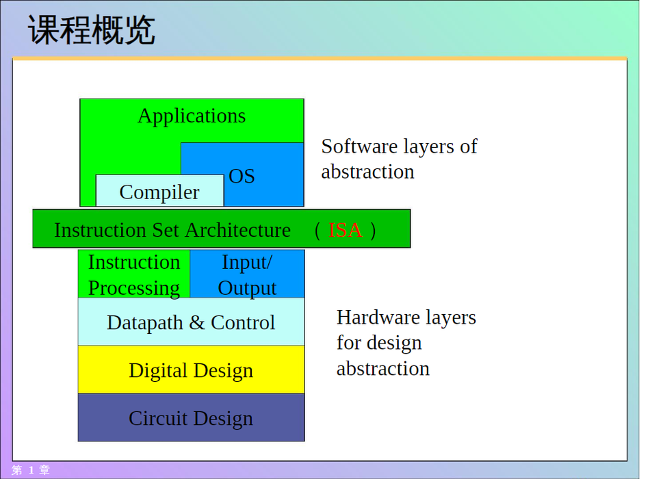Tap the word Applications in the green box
pyautogui.click(x=192, y=116)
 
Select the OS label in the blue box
pyautogui.click(x=242, y=177)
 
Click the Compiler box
pyautogui.click(x=159, y=190)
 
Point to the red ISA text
pyautogui.click(x=345, y=230)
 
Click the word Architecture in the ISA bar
pyautogui.click(x=237, y=230)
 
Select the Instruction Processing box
pyautogui.click(x=134, y=274)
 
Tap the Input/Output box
pyautogui.click(x=247, y=274)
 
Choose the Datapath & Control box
pyautogui.click(x=191, y=322)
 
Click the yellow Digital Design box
pyautogui.click(x=191, y=370)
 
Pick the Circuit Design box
pyautogui.click(x=191, y=417)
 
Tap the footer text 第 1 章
pyautogui.click(x=31, y=470)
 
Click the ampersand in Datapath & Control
pyautogui.click(x=197, y=322)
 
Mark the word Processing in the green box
pyautogui.click(x=134, y=288)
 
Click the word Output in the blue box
pyautogui.click(x=247, y=288)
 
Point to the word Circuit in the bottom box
pyautogui.click(x=157, y=418)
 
